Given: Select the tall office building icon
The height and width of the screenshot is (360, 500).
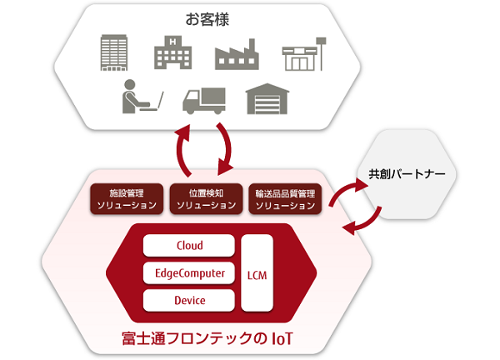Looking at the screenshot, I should pyautogui.click(x=112, y=52).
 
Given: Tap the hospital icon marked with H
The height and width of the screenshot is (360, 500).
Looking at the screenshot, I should pyautogui.click(x=172, y=53).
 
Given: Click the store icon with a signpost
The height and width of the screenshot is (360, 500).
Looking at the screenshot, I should pyautogui.click(x=302, y=56).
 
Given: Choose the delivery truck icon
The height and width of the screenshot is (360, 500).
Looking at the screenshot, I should pyautogui.click(x=202, y=99).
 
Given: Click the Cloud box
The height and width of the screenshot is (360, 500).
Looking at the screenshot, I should pyautogui.click(x=189, y=245).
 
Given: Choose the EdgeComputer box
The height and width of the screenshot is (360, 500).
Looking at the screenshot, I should pyautogui.click(x=189, y=272).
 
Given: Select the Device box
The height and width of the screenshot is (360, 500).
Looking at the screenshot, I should pyautogui.click(x=189, y=300).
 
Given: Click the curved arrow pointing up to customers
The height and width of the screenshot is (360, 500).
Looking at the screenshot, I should pyautogui.click(x=181, y=151).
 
